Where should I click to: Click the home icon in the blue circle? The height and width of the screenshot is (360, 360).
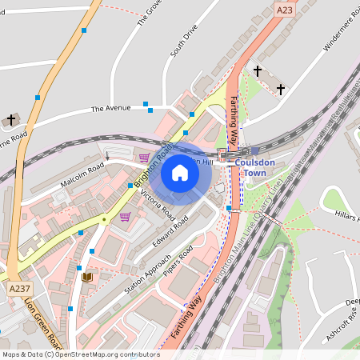(180, 173)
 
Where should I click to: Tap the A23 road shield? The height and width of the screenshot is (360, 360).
(284, 10)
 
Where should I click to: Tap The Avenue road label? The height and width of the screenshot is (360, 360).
(110, 108)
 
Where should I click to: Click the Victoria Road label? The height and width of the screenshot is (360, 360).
(158, 206)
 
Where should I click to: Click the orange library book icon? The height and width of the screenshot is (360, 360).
(87, 277)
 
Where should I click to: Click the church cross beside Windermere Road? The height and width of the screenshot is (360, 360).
(281, 88)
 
